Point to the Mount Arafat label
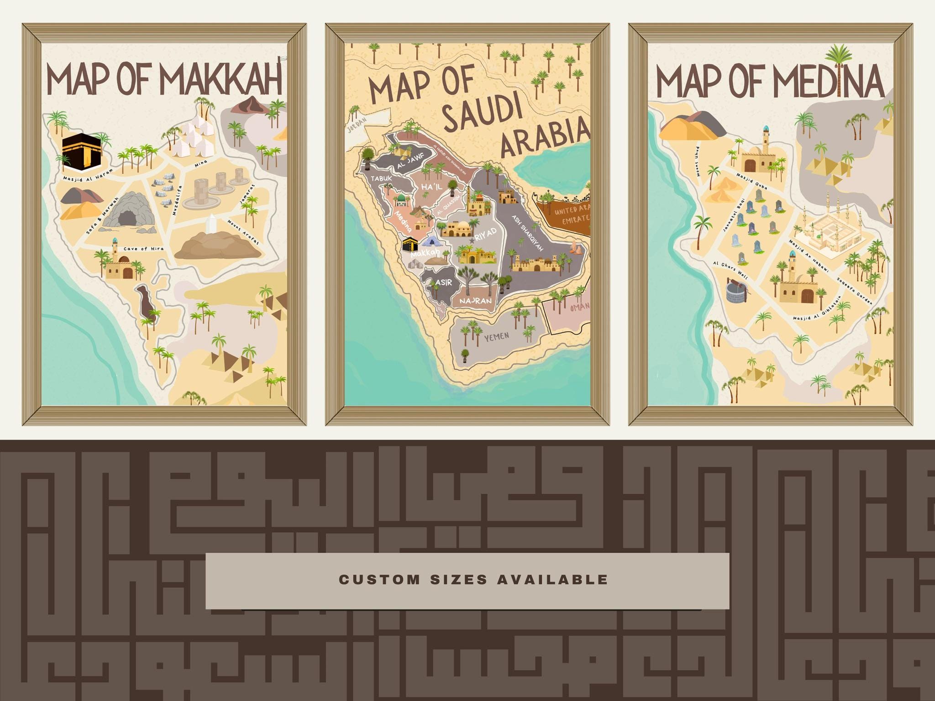tap(243, 232)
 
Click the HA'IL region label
tap(431, 188)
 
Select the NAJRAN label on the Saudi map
tap(475, 301)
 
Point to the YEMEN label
tap(496, 337)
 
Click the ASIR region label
tap(443, 282)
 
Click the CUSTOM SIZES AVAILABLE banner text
tap(473, 580)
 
